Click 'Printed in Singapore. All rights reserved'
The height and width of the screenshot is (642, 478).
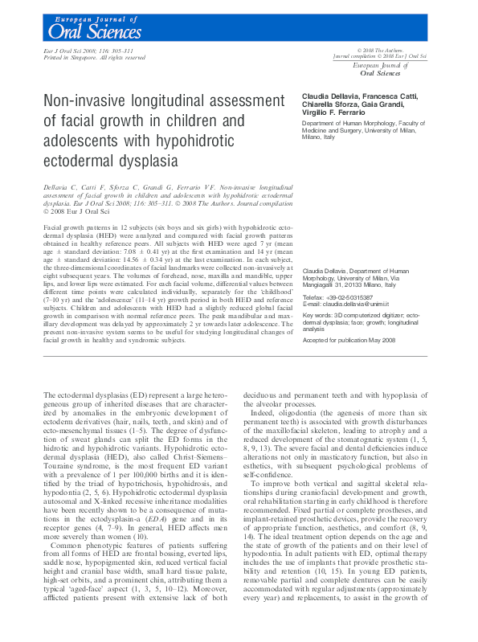(x=93, y=58)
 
